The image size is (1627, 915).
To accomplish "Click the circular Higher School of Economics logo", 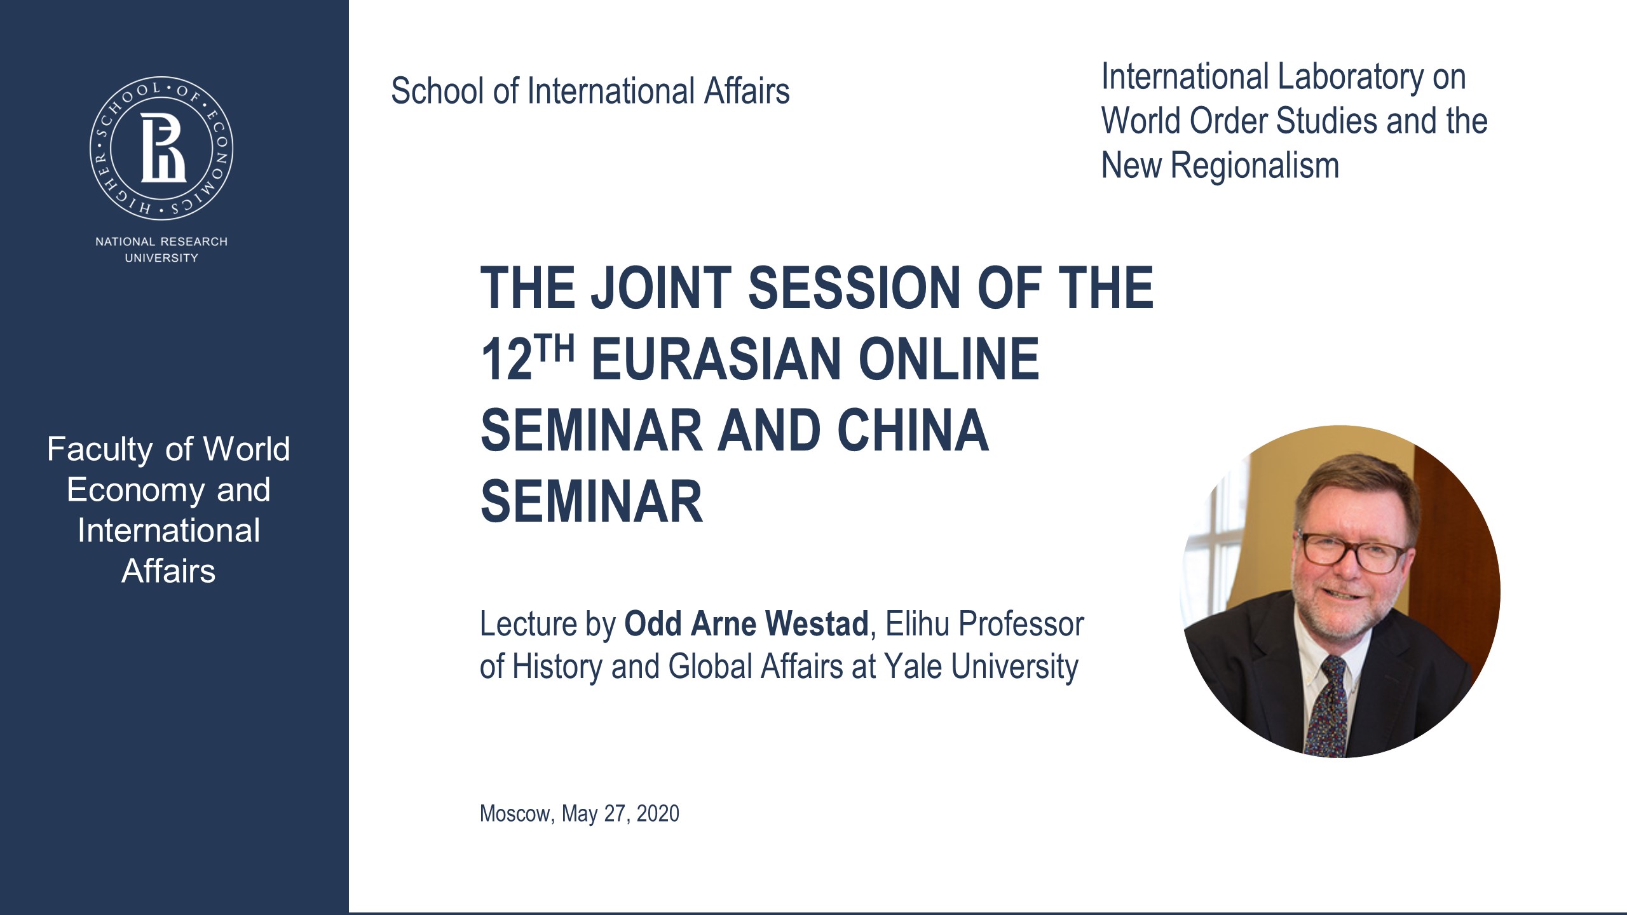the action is tap(161, 149).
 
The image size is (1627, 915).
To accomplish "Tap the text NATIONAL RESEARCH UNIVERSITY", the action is tap(161, 250).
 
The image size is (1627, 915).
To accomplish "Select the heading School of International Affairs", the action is tap(590, 91).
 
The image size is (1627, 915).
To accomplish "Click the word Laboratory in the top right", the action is tap(1350, 77).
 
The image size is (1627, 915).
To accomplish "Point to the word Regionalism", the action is tap(1255, 166).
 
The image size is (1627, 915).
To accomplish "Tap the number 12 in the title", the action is tap(507, 360).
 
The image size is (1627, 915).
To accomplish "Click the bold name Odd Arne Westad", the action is tap(746, 623).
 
